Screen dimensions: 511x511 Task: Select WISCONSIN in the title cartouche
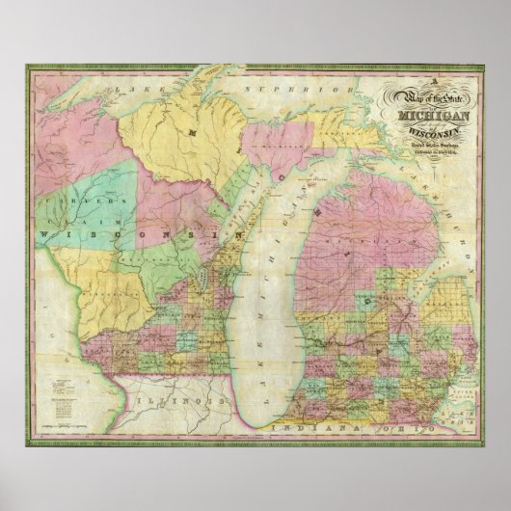428,133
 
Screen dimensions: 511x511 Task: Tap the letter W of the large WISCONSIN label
44,233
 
